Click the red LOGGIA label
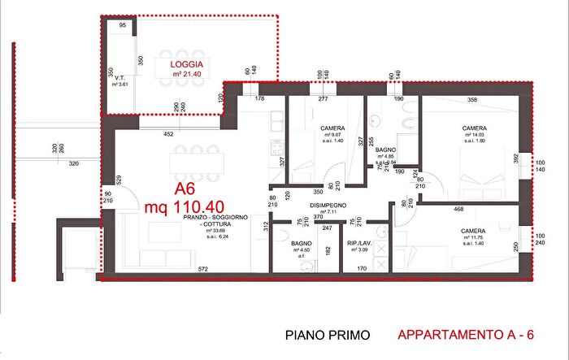tap(187, 64)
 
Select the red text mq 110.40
tap(185, 207)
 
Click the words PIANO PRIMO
tap(328, 335)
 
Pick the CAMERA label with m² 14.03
tap(475, 128)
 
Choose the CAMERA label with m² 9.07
tap(333, 128)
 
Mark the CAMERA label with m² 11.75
tap(474, 231)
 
